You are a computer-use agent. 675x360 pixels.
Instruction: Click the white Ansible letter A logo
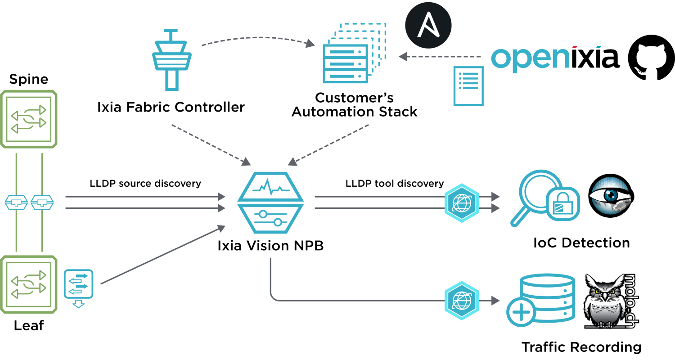click(x=428, y=25)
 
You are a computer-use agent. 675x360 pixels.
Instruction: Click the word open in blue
click(x=530, y=58)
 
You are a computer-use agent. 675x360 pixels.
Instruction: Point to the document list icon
click(x=468, y=86)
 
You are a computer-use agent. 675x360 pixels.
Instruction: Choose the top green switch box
click(x=29, y=119)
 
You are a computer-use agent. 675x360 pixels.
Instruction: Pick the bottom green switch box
click(x=29, y=284)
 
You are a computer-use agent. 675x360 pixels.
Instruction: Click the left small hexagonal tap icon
click(x=16, y=202)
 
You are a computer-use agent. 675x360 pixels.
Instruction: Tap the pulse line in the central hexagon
click(x=270, y=186)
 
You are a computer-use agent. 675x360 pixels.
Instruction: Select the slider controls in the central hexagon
click(x=270, y=218)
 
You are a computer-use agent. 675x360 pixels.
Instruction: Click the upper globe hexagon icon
click(x=462, y=203)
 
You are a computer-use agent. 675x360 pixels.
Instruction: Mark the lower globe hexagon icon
click(x=462, y=301)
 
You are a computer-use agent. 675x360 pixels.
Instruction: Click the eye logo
click(x=610, y=196)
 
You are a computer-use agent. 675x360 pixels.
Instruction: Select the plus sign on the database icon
click(x=521, y=312)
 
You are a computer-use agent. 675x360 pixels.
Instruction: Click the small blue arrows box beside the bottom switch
click(x=78, y=284)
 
